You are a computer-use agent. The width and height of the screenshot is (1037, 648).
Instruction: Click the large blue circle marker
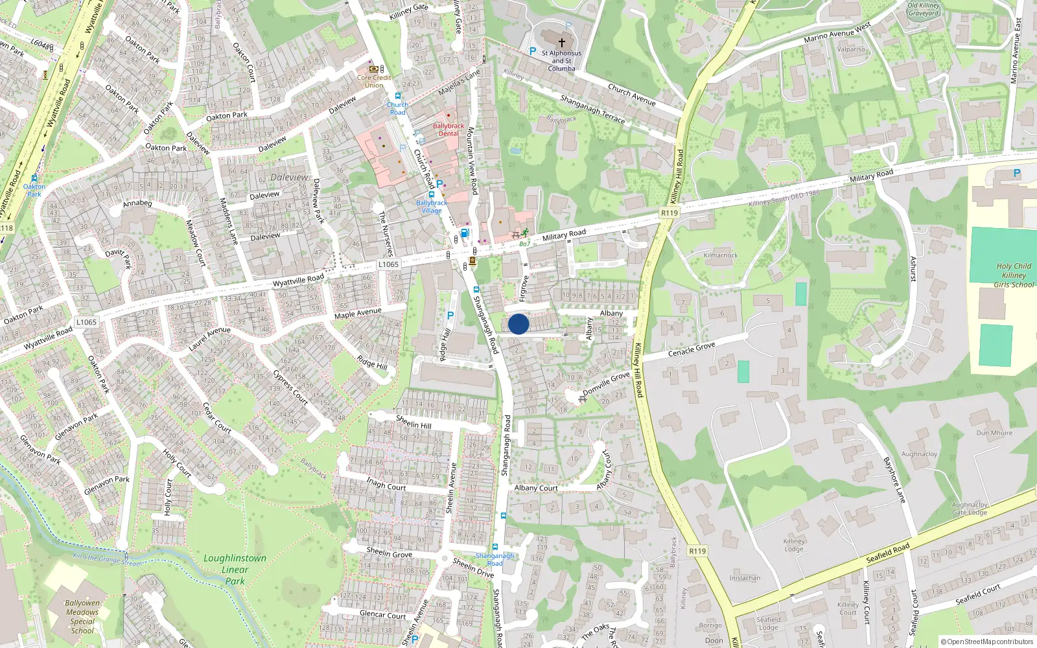click(x=518, y=324)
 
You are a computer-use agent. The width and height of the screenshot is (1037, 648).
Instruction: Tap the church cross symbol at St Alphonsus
click(x=561, y=42)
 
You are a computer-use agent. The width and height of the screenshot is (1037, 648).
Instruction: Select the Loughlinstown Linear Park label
click(x=235, y=570)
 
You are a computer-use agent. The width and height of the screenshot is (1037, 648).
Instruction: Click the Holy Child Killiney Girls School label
click(x=1014, y=275)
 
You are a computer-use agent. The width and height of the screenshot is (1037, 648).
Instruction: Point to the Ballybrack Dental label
click(x=449, y=130)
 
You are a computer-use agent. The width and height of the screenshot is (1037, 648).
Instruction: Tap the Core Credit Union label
click(x=374, y=81)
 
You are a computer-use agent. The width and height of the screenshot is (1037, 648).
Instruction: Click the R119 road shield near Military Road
click(x=670, y=213)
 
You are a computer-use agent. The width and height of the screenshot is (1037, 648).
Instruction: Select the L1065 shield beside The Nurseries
click(x=388, y=264)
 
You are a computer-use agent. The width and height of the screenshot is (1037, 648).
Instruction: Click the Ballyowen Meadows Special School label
click(x=82, y=616)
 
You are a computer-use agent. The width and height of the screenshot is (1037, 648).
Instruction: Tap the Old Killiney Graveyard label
click(x=923, y=9)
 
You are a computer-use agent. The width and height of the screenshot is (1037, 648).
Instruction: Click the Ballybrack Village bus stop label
click(x=432, y=207)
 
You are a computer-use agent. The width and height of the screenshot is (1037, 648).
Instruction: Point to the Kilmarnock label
click(x=721, y=255)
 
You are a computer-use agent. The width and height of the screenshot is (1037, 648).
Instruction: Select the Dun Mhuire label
click(x=994, y=433)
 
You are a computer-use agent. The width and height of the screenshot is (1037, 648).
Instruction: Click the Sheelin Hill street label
click(x=414, y=423)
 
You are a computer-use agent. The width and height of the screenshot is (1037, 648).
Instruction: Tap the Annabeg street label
click(x=137, y=203)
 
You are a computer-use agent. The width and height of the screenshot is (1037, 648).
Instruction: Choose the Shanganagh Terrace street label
click(x=592, y=109)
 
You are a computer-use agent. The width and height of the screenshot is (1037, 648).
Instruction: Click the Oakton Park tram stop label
click(x=34, y=190)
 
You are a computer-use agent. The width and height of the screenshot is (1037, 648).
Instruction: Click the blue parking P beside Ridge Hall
click(x=450, y=316)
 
